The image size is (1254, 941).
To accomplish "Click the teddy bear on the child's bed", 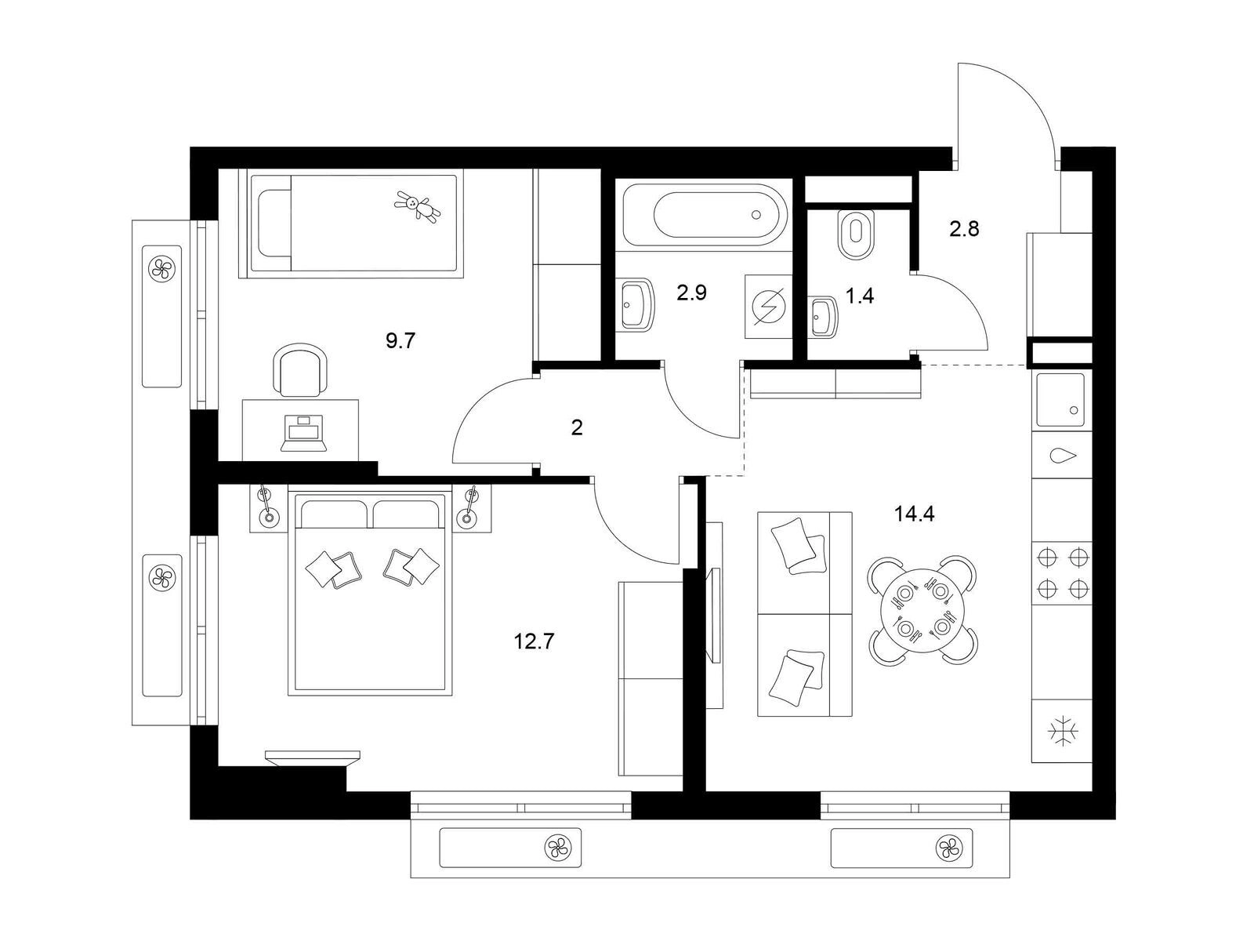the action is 419,206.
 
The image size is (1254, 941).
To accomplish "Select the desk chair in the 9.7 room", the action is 302,369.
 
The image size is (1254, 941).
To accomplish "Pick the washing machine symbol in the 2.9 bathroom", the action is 769,307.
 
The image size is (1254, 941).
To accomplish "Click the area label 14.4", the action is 914,514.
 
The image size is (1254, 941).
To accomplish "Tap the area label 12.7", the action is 535,642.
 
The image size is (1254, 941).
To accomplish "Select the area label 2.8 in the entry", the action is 964,229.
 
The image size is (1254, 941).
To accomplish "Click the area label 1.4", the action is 860,296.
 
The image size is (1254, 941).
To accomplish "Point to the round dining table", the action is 922,609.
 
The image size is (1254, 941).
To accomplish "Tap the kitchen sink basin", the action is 1060,400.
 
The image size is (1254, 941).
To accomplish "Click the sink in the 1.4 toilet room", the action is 824,315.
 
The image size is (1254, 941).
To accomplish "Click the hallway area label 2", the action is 577,427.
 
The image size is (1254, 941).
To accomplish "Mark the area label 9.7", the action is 400,341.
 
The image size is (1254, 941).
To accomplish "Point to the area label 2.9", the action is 692,293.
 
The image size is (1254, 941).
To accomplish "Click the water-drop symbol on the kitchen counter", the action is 1063,456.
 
